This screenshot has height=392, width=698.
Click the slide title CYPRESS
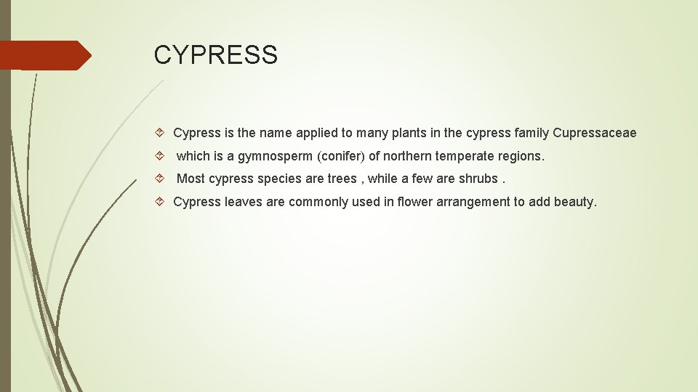click(215, 55)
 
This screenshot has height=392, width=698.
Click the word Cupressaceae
click(594, 133)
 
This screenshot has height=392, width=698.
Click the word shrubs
click(478, 179)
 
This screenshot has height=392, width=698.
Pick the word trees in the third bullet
click(342, 179)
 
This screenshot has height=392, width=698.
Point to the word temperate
click(465, 156)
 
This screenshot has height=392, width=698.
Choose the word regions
click(521, 156)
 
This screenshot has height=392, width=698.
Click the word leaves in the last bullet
click(244, 202)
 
